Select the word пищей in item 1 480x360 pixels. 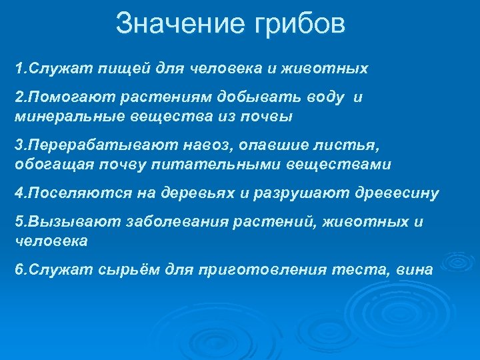116,68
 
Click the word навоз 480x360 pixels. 208,145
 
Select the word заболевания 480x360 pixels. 178,223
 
